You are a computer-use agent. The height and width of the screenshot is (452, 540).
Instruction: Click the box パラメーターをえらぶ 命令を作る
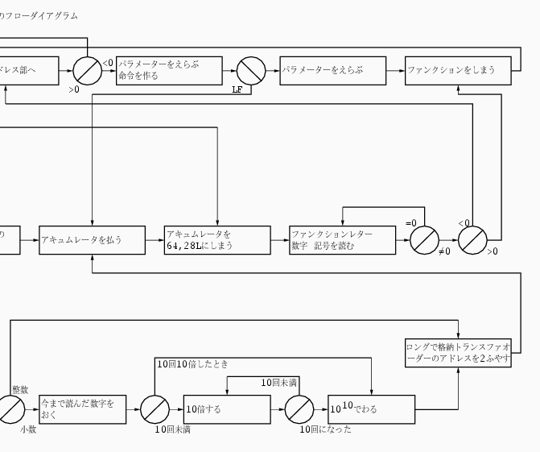click(x=169, y=70)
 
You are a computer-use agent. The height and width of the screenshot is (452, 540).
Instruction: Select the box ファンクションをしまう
click(x=458, y=70)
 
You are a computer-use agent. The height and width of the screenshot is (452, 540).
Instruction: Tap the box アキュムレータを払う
click(x=92, y=240)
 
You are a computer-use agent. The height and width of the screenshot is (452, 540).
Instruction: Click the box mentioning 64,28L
click(x=216, y=240)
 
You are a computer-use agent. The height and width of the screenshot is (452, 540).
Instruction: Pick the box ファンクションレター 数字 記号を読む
click(x=344, y=240)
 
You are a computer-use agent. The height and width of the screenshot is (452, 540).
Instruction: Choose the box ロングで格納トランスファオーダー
click(x=458, y=353)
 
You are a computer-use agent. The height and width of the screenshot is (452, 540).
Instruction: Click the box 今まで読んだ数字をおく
click(x=82, y=409)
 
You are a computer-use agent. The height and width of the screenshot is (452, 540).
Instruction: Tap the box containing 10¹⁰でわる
click(x=371, y=409)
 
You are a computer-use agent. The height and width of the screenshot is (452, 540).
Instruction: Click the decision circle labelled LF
click(x=251, y=71)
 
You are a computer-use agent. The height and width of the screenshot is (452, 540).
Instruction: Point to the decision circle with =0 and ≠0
click(x=424, y=240)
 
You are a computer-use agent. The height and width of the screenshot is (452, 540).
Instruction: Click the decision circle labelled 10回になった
click(x=299, y=409)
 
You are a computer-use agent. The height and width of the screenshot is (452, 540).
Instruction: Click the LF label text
click(x=237, y=89)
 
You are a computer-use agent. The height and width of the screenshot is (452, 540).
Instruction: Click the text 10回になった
click(x=326, y=429)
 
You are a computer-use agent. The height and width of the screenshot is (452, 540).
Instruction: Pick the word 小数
click(x=28, y=429)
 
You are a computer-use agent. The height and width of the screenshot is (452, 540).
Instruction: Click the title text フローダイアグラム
click(x=41, y=15)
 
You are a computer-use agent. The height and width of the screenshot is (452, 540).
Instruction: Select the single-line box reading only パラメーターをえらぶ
click(x=332, y=70)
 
